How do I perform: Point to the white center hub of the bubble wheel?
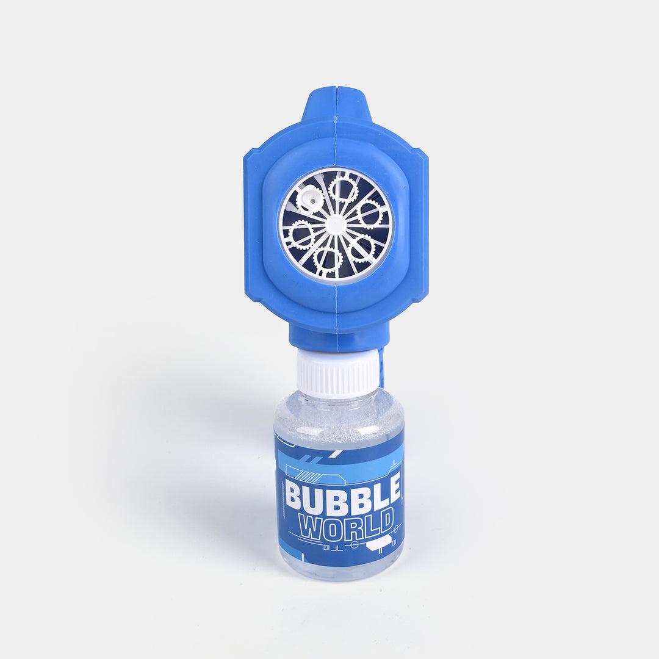[x=335, y=224]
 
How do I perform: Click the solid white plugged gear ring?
[x=309, y=199]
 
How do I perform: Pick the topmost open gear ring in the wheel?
[x=343, y=189]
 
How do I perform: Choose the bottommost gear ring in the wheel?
[x=328, y=259]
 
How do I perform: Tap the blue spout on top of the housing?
[x=336, y=104]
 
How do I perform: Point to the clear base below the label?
[x=339, y=571]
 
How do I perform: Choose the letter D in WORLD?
[x=384, y=522]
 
